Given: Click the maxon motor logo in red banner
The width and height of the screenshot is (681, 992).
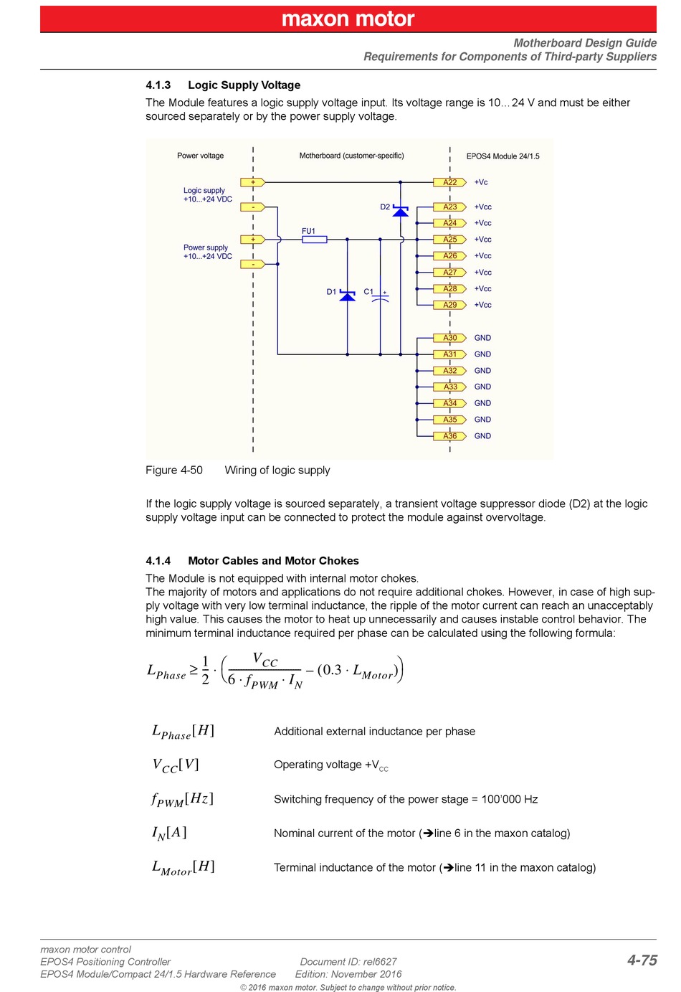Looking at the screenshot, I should click(348, 19).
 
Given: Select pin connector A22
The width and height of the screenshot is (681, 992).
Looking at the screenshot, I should click(449, 182).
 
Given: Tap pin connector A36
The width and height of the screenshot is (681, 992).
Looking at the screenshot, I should click(449, 436).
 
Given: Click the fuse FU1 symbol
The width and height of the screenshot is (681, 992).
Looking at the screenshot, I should click(314, 240).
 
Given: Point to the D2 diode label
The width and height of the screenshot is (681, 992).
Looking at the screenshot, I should click(385, 207).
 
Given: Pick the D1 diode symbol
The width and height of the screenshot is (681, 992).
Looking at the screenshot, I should click(348, 296).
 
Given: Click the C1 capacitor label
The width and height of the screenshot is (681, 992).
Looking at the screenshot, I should click(368, 292).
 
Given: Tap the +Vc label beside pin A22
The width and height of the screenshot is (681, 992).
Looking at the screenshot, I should click(481, 182).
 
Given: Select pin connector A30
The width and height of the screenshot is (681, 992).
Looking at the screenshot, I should click(449, 338).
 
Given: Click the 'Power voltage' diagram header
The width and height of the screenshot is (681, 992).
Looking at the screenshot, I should click(201, 156).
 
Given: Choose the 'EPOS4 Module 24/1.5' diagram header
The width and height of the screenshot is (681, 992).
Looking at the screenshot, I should click(503, 156).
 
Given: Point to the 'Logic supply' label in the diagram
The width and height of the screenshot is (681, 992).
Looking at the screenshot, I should click(204, 191).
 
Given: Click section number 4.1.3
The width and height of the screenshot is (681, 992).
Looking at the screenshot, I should click(158, 85).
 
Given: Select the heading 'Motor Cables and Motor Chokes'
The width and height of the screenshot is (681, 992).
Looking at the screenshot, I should click(273, 561).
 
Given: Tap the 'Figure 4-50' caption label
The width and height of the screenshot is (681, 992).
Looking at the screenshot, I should click(174, 471).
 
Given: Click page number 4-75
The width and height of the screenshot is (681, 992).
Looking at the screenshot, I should click(642, 960).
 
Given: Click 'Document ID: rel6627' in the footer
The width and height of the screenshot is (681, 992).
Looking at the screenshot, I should click(348, 962).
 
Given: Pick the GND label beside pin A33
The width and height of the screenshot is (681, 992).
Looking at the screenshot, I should click(482, 387).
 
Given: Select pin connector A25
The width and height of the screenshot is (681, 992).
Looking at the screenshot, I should click(449, 240).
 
